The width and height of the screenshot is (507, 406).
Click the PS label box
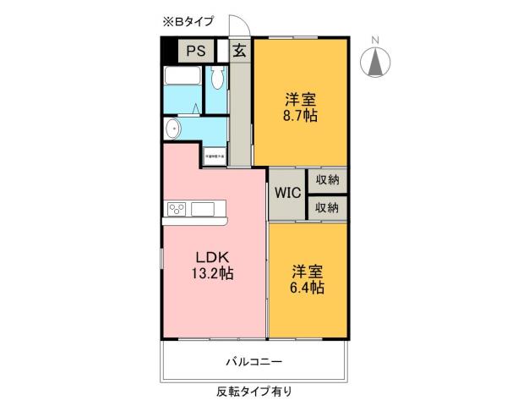pos(196,50)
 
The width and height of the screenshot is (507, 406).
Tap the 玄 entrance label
pos(240,50)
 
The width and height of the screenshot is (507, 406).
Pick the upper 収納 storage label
pos(327,179)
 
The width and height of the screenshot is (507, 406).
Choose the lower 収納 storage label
pos(327,207)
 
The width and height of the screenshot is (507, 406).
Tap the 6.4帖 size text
pos(308,287)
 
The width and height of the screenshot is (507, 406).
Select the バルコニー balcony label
pos(253,361)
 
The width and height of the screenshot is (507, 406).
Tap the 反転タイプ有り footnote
pos(253,392)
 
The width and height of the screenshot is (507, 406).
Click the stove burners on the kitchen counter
pos(177,209)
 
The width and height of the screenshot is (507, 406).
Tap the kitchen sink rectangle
pos(204,209)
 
